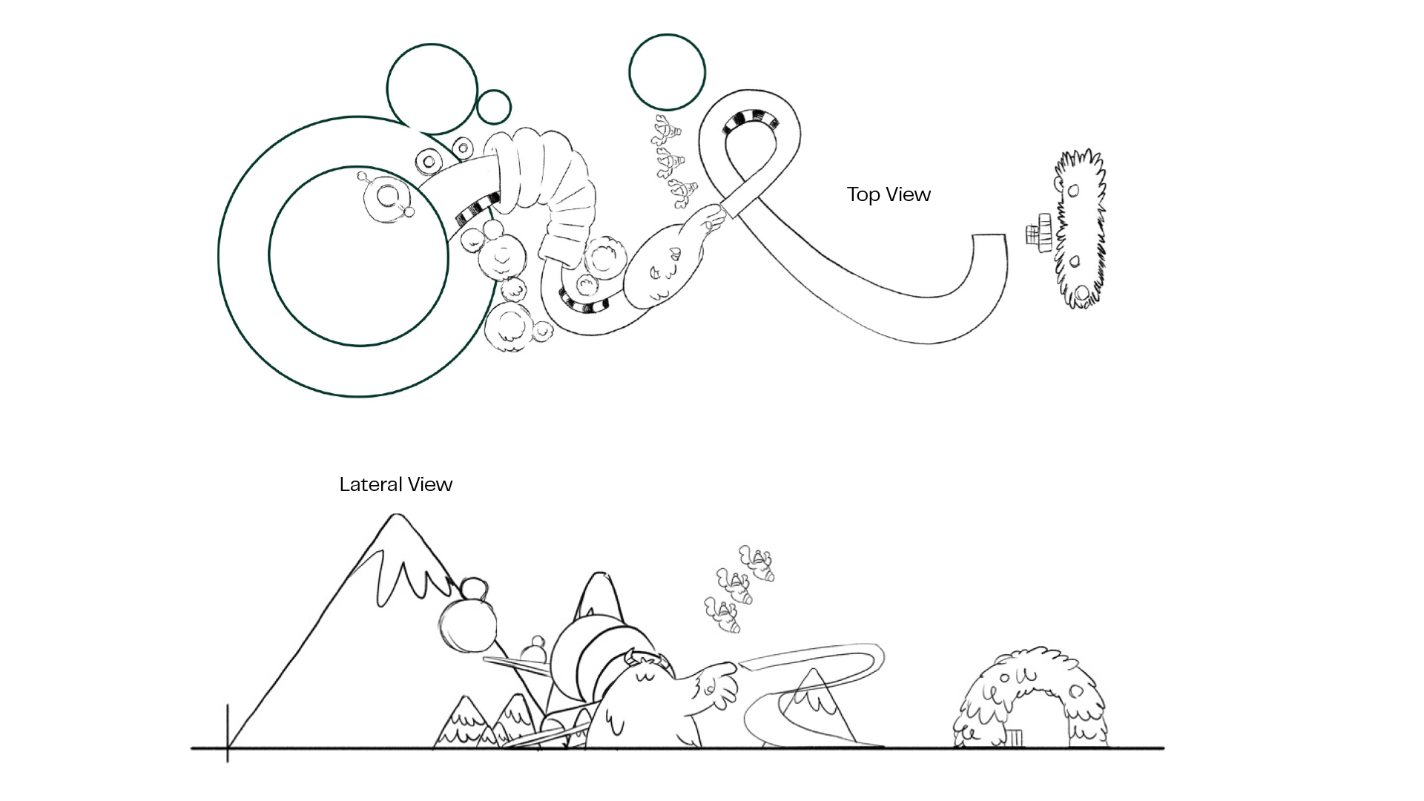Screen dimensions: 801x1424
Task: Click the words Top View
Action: coord(889,194)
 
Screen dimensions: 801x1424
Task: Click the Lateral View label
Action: coord(395,484)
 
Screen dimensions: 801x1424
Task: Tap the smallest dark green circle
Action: coord(493,107)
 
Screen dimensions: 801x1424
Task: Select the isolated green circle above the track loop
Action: coord(667,73)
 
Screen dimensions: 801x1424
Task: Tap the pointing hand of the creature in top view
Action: coord(713,217)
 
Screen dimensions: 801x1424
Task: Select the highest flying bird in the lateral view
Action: coord(756,562)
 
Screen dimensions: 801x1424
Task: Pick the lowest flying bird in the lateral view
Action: coord(722,616)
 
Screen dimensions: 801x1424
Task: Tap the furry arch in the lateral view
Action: coord(1030,693)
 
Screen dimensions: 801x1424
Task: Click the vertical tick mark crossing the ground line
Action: coord(228,734)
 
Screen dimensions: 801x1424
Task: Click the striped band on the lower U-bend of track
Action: coord(584,302)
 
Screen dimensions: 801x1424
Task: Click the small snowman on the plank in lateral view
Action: coord(533,650)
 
